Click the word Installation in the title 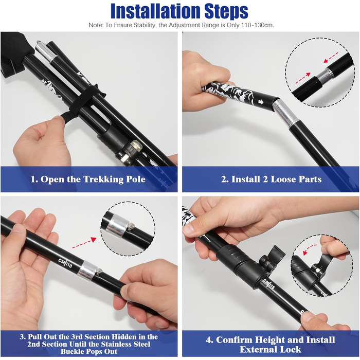[155, 11]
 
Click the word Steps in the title [227, 11]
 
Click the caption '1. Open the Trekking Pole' [88, 179]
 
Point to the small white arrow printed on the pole [261, 102]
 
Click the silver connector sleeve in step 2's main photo [285, 113]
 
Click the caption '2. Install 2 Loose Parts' [272, 179]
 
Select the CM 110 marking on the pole [65, 263]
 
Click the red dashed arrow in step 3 [84, 243]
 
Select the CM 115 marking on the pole [269, 285]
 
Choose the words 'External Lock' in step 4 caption [271, 350]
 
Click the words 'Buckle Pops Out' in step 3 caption [89, 351]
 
